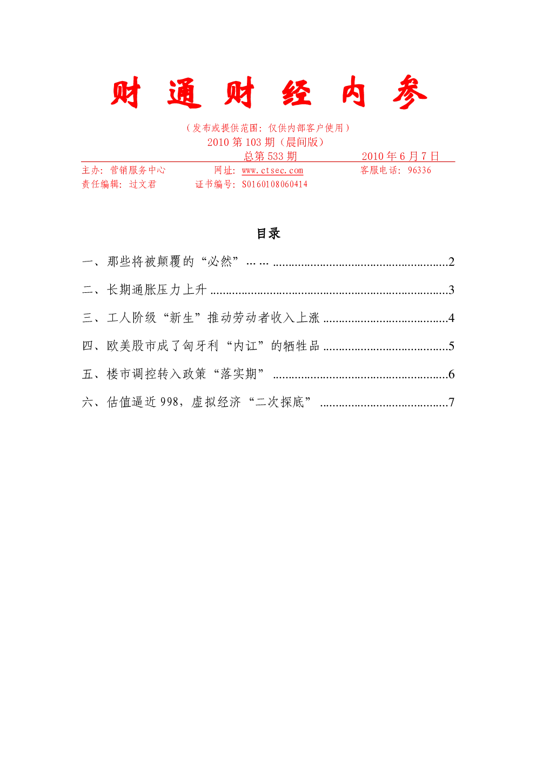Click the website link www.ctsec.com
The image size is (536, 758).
[272, 170]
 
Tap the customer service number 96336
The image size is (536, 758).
[419, 170]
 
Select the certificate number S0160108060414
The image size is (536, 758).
[274, 184]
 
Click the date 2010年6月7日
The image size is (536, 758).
[400, 156]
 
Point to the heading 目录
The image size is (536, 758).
[269, 233]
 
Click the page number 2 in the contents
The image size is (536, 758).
[451, 261]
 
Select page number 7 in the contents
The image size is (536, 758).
[451, 402]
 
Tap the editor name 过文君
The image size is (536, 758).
[143, 184]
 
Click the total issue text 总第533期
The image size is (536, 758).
[270, 156]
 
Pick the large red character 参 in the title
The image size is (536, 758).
[410, 92]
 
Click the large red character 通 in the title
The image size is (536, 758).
[184, 93]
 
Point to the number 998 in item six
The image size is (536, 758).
[169, 402]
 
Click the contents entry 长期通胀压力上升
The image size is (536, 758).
[157, 290]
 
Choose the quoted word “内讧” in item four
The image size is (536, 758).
[245, 346]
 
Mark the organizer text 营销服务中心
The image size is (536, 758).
[138, 170]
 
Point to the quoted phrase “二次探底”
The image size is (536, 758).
[279, 402]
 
